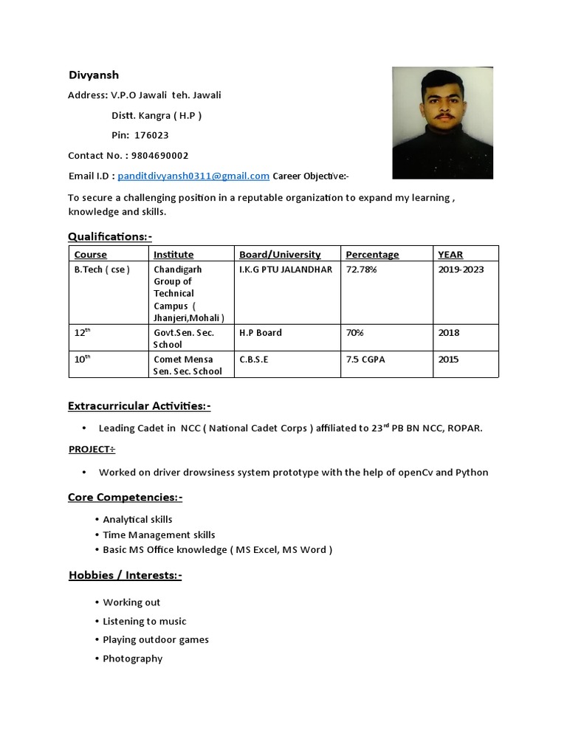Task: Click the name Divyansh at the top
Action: click(93, 75)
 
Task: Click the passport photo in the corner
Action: click(442, 123)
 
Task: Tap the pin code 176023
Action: click(151, 135)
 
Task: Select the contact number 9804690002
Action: click(155, 156)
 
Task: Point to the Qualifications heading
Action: click(110, 236)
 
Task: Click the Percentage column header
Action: click(372, 255)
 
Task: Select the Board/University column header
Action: click(280, 255)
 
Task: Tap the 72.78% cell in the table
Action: click(361, 269)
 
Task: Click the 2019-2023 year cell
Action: click(461, 269)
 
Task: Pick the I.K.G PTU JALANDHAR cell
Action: click(285, 269)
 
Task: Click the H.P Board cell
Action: click(260, 333)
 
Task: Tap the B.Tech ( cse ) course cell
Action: click(102, 269)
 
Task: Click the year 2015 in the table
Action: click(448, 360)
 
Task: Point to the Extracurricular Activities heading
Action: click(140, 406)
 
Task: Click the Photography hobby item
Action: click(132, 659)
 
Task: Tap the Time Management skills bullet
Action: click(159, 535)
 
